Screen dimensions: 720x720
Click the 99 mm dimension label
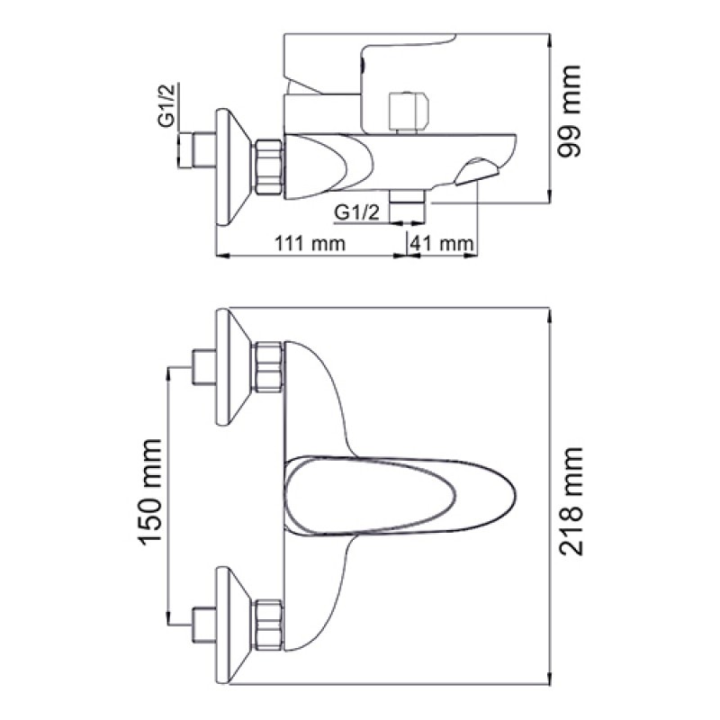[x=569, y=112]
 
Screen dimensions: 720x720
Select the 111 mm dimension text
[x=310, y=243]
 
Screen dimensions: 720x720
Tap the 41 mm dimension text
[x=441, y=243]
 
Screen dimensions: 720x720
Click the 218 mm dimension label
[x=571, y=501]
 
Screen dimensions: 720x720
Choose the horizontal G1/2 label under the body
[x=357, y=212]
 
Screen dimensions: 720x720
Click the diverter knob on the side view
[x=409, y=112]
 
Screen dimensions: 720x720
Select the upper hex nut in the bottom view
[x=267, y=367]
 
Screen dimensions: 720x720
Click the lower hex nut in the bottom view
[x=267, y=625]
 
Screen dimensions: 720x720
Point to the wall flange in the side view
[x=232, y=167]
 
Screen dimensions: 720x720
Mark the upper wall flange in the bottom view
[x=232, y=367]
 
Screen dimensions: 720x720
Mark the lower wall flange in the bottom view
[x=232, y=625]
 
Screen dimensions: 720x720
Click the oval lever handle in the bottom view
[x=400, y=496]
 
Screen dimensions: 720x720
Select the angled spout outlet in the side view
[x=477, y=172]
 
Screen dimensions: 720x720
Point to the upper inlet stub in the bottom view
[x=204, y=367]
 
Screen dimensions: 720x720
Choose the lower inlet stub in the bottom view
[x=204, y=625]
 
